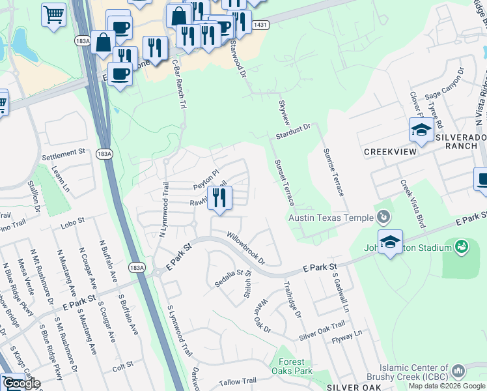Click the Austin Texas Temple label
[x=330, y=218]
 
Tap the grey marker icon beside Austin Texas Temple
[x=383, y=216]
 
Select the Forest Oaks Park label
[x=291, y=367]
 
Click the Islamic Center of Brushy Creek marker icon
[x=458, y=371]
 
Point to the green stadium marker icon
[x=462, y=247]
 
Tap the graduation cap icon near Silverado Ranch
[x=421, y=130]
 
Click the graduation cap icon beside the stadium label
[x=390, y=242]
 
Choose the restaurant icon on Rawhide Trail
[x=220, y=198]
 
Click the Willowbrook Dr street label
[x=246, y=248]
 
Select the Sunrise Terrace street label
[x=333, y=171]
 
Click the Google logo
[x=21, y=383]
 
